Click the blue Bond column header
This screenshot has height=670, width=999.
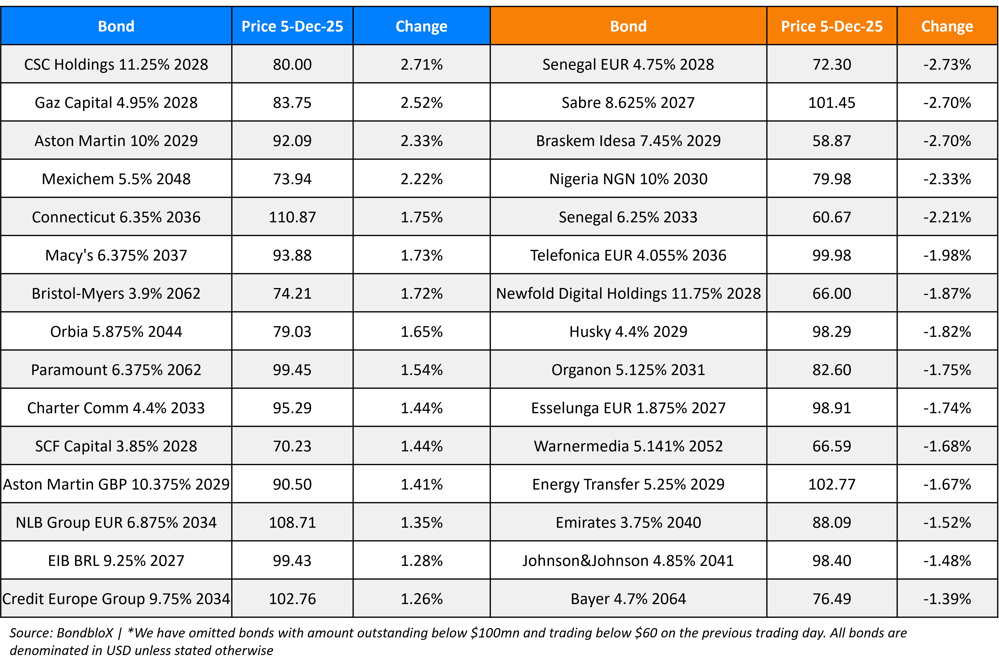tap(116, 26)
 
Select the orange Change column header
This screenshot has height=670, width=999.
tap(947, 26)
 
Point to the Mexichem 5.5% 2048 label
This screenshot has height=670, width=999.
tap(116, 179)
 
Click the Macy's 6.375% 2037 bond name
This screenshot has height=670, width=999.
tap(116, 255)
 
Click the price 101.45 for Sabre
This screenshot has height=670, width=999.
tap(832, 103)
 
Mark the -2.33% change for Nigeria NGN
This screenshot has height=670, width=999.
tap(947, 179)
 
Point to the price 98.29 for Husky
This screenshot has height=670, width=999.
tap(832, 332)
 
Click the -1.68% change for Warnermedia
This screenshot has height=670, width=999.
tap(947, 446)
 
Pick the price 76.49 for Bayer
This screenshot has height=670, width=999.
tap(832, 599)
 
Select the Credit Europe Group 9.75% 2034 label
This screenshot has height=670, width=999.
tap(116, 599)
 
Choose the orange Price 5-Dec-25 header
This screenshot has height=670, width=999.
tap(832, 26)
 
